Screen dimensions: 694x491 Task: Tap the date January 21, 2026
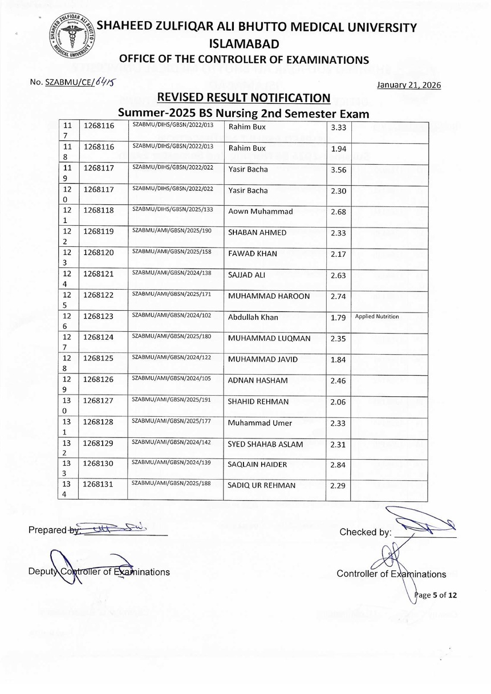coord(409,86)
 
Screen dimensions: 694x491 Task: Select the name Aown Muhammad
coord(260,212)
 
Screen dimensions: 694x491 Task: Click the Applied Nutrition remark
coord(377,316)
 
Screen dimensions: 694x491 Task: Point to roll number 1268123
coord(99,316)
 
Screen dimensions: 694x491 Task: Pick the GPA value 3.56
coord(338,170)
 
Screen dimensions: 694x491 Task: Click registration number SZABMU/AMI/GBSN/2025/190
coord(173,231)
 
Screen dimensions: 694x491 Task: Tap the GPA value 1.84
coord(338,359)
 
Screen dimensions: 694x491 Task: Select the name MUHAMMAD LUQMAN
coord(269,338)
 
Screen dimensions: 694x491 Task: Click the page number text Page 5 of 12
coord(436,595)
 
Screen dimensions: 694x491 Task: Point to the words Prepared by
coord(48,530)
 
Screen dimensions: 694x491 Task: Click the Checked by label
coord(365,533)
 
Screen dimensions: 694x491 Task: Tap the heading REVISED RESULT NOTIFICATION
coord(244,98)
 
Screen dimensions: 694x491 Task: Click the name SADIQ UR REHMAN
coord(262,485)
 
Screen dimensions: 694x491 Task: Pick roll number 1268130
coord(99,464)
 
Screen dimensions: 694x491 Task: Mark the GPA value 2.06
coord(338,402)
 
